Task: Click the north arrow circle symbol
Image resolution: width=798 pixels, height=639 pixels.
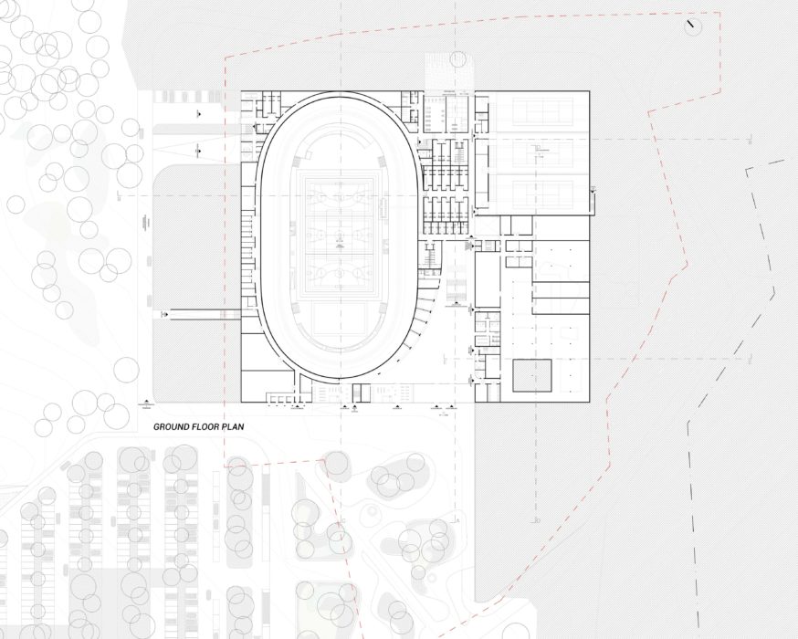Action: [693, 26]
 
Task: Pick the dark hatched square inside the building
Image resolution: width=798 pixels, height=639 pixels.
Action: [531, 376]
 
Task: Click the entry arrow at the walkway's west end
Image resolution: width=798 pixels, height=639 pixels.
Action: [165, 314]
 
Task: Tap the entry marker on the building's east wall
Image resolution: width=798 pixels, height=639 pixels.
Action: [594, 189]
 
